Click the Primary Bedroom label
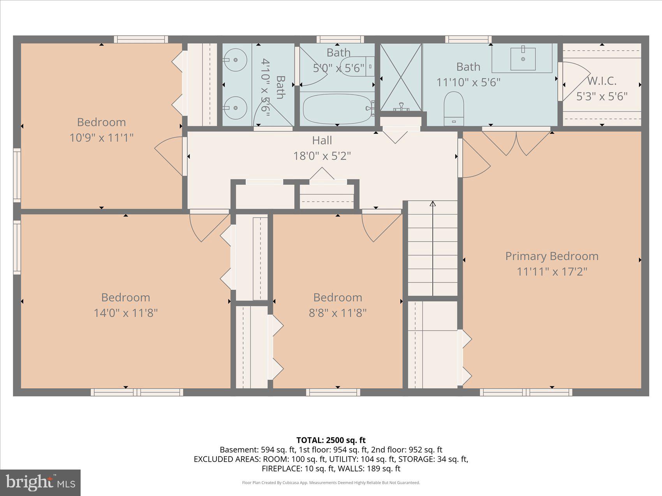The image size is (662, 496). [x=552, y=256]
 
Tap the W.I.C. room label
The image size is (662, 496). [x=602, y=81]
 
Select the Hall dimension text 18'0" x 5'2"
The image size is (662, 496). [x=322, y=156]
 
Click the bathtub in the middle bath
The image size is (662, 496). [x=337, y=109]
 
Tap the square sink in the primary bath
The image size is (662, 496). [x=523, y=59]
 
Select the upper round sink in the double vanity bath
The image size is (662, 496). [x=236, y=60]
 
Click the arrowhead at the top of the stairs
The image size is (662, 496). [x=433, y=203]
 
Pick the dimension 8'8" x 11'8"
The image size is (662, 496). [x=338, y=313]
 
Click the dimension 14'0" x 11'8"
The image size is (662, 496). [x=125, y=313]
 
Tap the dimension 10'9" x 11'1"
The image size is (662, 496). [x=101, y=138]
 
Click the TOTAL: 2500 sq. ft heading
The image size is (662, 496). [x=331, y=440]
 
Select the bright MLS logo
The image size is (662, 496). [x=40, y=482]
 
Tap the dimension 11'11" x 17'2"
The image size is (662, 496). [x=552, y=272]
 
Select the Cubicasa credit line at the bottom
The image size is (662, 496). [x=331, y=483]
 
